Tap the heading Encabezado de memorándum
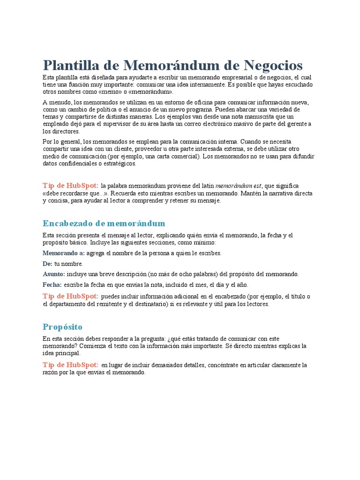104,223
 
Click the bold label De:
47,264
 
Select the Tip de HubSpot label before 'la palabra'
71,186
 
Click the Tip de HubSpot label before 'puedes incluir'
71,296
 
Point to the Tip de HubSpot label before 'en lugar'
71,365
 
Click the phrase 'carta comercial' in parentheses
180,157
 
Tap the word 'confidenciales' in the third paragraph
78,164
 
